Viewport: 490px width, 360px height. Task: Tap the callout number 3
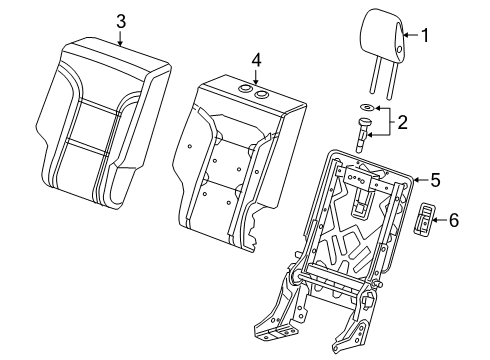[120, 21]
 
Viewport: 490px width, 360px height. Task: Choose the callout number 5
[435, 181]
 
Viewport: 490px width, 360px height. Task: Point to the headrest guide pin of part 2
[360, 132]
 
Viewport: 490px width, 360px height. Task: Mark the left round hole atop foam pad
[244, 91]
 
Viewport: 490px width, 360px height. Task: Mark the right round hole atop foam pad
[264, 95]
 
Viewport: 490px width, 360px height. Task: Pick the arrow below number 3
[120, 40]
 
